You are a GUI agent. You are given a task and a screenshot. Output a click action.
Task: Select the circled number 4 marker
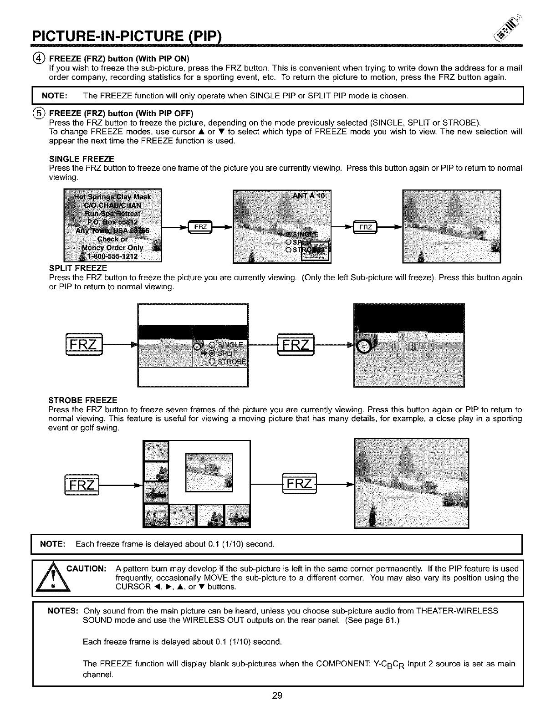click(x=42, y=58)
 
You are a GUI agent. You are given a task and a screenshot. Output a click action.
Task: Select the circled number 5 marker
click(x=42, y=113)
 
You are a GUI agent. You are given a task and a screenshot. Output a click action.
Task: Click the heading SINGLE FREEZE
click(x=82, y=159)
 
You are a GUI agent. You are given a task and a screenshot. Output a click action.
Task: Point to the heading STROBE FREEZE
click(x=83, y=400)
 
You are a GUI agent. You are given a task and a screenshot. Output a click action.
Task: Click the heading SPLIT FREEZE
click(x=78, y=268)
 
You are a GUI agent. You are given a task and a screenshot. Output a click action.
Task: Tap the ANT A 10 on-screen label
click(x=308, y=196)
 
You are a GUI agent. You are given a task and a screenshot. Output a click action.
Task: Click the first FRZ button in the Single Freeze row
click(x=201, y=227)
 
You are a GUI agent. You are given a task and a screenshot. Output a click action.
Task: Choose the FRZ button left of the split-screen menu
click(x=84, y=346)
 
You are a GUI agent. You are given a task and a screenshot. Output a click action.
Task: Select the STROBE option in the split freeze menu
click(x=230, y=362)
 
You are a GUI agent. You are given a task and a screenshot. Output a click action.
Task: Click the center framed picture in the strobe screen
click(x=209, y=472)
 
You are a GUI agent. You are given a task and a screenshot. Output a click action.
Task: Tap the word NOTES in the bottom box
click(x=63, y=610)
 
